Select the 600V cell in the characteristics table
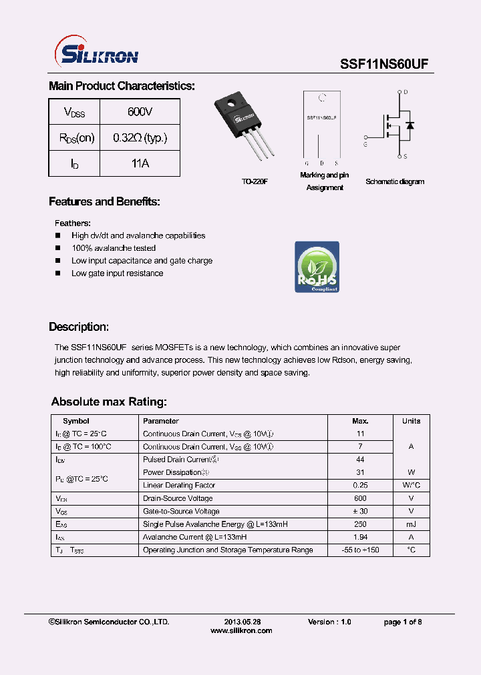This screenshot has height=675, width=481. coord(140,111)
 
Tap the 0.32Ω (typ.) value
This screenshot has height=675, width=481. coord(140,137)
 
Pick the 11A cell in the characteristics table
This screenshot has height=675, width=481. coord(140,163)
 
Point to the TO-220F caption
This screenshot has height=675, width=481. coord(255,181)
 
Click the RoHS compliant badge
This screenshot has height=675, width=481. coord(317,267)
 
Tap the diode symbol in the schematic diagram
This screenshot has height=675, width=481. coord(410,125)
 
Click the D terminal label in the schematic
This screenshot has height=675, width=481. coord(406,92)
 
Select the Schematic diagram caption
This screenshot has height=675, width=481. coord(395,181)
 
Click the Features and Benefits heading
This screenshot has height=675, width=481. coord(104,201)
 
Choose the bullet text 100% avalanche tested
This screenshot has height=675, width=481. coord(114,248)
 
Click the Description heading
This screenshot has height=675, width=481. coord(79,327)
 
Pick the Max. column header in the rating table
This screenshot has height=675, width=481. coord(360,421)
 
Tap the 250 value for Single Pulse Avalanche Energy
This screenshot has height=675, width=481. coord(360,524)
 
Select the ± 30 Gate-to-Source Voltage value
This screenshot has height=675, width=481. coord(360,511)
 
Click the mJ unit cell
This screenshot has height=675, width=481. coord(411,524)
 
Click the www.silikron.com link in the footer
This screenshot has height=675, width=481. coord(241,630)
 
